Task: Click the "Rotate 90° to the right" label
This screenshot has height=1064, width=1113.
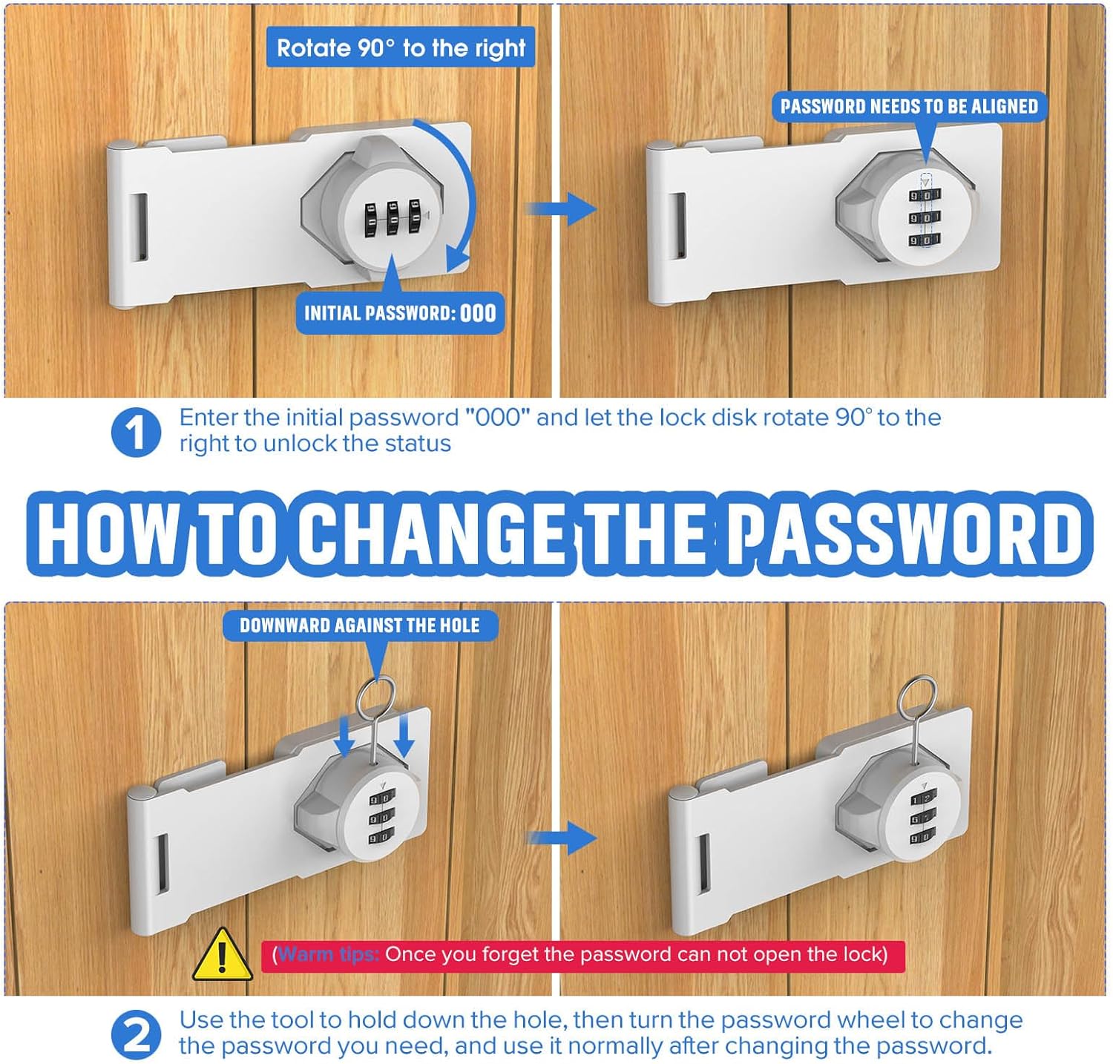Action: click(x=401, y=48)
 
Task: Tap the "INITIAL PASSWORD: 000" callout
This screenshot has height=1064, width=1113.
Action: click(x=400, y=312)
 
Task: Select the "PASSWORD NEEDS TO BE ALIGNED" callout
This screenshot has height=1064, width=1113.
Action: click(x=909, y=106)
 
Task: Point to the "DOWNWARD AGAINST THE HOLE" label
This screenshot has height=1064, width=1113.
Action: click(x=360, y=625)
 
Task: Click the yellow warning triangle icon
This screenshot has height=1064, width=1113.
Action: click(x=222, y=955)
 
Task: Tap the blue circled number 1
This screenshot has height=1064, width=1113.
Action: click(x=136, y=431)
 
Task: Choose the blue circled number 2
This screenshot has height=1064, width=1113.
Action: click(x=136, y=1034)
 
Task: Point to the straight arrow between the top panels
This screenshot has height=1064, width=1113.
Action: click(x=562, y=208)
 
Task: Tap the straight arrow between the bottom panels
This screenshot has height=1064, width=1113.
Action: click(x=562, y=838)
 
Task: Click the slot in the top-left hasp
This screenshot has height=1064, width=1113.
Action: click(x=140, y=227)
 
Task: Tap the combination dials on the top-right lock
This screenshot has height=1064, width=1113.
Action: click(x=925, y=217)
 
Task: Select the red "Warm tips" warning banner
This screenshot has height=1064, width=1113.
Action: click(x=582, y=955)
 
